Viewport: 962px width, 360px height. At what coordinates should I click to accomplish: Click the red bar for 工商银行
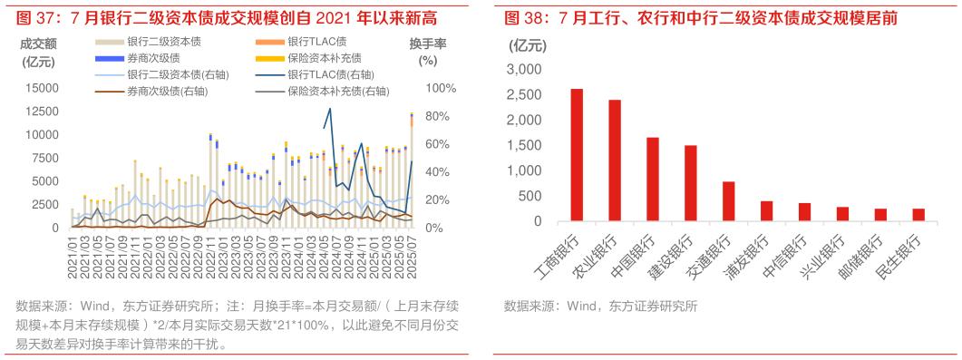click(577, 155)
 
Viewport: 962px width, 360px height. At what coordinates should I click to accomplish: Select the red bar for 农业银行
click(615, 161)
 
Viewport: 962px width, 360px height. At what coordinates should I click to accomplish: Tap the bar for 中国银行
click(653, 180)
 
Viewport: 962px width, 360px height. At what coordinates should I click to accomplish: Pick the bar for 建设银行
click(691, 183)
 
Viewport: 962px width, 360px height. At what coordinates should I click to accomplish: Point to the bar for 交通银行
click(729, 201)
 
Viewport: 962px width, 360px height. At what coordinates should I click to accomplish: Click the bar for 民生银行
click(918, 215)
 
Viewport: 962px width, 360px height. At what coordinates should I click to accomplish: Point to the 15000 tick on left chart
click(43, 88)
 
